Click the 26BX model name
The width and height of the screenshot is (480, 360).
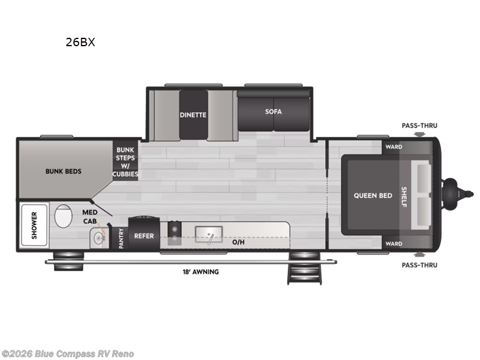pyautogui.click(x=80, y=43)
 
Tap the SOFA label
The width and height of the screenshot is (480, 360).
pyautogui.click(x=274, y=111)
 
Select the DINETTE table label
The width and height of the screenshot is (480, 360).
pyautogui.click(x=193, y=115)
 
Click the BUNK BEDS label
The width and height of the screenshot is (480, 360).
pyautogui.click(x=63, y=171)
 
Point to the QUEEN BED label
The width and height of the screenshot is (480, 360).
pyautogui.click(x=373, y=196)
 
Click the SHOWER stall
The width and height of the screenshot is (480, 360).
pyautogui.click(x=34, y=225)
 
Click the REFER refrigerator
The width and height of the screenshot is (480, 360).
pyautogui.click(x=143, y=236)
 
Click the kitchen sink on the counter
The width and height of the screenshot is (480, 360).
pyautogui.click(x=209, y=233)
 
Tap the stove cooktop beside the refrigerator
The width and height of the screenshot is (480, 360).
pyautogui.click(x=174, y=233)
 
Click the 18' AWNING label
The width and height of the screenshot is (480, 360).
pyautogui.click(x=201, y=272)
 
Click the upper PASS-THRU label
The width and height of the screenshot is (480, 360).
pyautogui.click(x=419, y=126)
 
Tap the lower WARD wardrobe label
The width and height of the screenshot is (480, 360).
pyautogui.click(x=394, y=244)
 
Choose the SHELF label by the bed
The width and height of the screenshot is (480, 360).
pyautogui.click(x=404, y=196)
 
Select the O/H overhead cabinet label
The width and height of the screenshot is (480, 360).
pyautogui.click(x=238, y=243)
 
